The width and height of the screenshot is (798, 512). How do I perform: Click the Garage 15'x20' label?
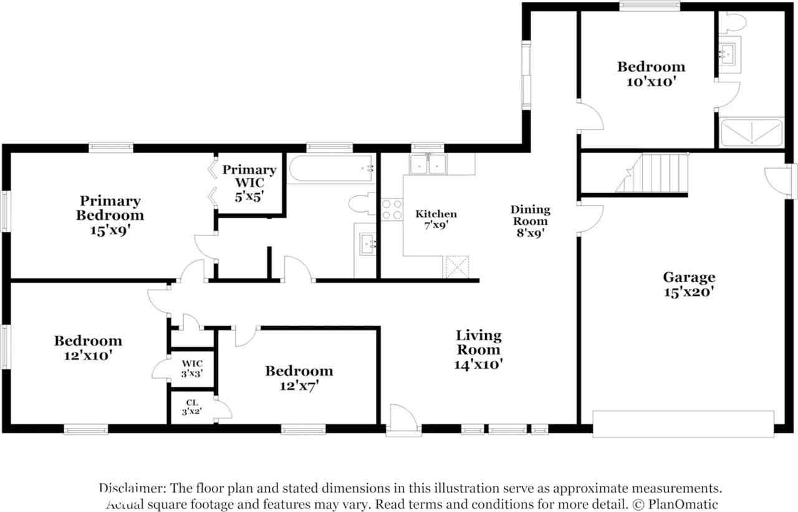[689, 284]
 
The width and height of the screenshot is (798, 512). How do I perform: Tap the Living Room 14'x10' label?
[478, 349]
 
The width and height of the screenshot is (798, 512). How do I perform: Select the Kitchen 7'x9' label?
[436, 219]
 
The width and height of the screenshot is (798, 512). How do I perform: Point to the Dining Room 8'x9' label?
[530, 221]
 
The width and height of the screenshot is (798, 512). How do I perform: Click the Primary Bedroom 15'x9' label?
[110, 215]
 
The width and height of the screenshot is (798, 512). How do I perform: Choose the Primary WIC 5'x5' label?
[249, 183]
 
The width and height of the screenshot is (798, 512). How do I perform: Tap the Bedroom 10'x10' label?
[651, 74]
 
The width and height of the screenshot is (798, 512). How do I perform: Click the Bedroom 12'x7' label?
[299, 378]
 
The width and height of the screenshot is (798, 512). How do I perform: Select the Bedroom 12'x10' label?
[88, 348]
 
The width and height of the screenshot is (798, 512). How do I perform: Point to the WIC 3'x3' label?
[192, 369]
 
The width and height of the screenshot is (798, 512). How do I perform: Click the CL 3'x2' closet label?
[192, 407]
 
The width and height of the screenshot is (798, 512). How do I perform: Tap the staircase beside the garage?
[653, 173]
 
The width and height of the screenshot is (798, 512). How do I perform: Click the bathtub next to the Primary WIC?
[331, 168]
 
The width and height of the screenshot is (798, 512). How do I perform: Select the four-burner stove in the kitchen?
[392, 209]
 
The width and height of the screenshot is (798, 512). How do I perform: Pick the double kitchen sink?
[428, 164]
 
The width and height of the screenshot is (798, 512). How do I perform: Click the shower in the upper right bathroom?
[752, 133]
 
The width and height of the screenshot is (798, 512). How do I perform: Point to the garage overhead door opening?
[683, 424]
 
